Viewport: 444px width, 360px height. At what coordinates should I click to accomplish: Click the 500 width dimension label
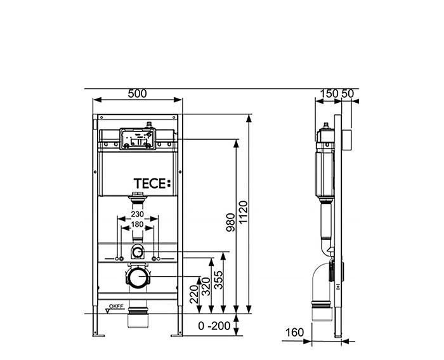(138, 93)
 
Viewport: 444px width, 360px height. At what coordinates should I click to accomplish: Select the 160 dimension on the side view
(295, 332)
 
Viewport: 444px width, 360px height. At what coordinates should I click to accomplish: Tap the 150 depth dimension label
(329, 93)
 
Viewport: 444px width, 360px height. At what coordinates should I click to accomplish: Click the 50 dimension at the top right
(348, 93)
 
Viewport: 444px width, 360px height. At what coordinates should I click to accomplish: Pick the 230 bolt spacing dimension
(137, 215)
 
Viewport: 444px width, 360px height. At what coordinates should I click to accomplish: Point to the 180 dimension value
(137, 224)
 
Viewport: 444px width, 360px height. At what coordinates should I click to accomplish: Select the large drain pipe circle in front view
(138, 277)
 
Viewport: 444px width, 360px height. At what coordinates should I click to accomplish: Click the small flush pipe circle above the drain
(138, 252)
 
